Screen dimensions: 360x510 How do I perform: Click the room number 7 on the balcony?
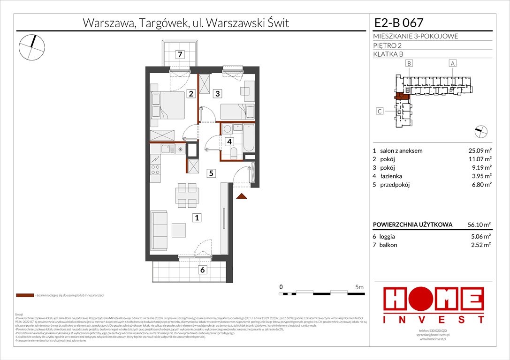(180, 54)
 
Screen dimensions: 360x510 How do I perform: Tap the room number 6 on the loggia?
(202, 270)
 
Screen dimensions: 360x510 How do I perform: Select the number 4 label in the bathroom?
(229, 141)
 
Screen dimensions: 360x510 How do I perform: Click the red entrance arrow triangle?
(242, 196)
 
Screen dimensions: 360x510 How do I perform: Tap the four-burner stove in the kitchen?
(155, 169)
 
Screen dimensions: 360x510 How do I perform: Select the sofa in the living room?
(158, 230)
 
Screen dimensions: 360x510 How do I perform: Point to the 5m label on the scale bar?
(359, 286)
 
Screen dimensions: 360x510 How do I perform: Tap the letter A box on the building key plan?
(453, 63)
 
